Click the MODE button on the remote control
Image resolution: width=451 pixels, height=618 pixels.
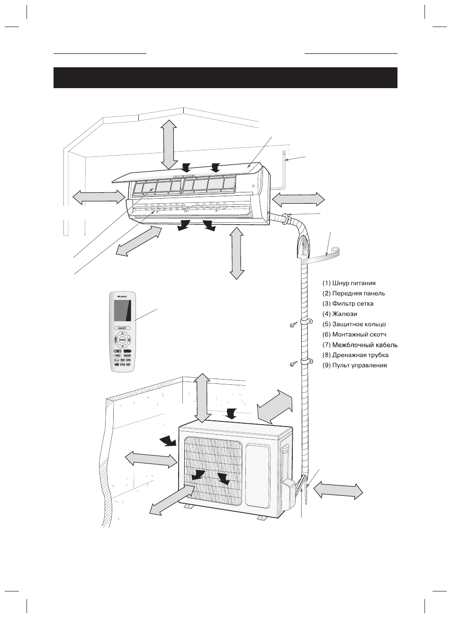(122, 340)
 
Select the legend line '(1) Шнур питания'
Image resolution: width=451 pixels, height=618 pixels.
(349, 283)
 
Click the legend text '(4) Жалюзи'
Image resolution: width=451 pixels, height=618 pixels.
(340, 314)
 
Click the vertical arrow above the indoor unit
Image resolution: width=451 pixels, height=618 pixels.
(169, 143)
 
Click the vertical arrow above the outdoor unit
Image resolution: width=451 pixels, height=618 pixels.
(203, 397)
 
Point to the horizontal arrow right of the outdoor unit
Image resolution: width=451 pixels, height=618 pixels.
(339, 489)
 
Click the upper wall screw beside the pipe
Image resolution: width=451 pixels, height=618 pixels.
(293, 326)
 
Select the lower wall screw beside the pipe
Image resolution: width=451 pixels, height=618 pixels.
(293, 364)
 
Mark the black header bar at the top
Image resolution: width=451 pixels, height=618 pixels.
(225, 78)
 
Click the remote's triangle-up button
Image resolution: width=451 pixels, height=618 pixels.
(122, 334)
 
